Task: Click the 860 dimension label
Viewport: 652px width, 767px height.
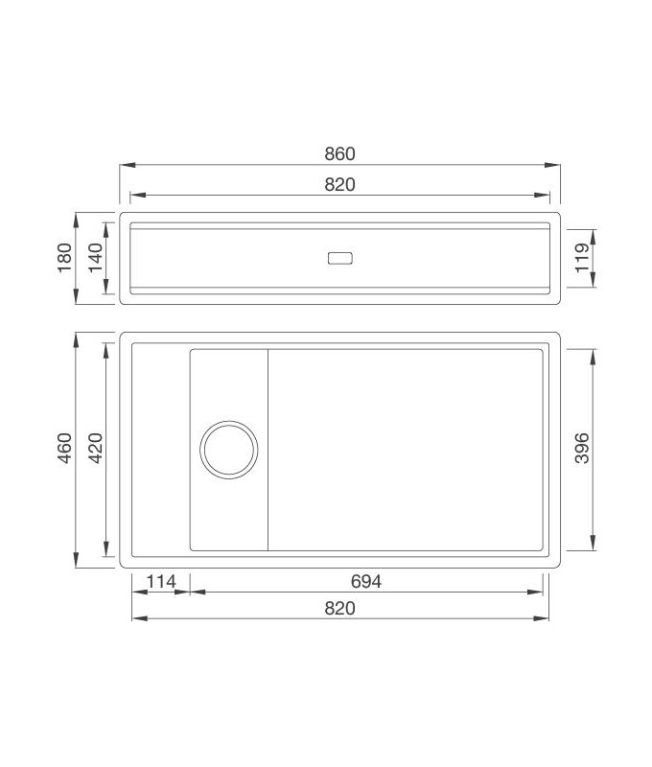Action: coord(339,153)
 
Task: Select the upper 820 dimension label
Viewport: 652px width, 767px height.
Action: coord(339,185)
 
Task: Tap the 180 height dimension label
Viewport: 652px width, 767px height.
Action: coord(64,257)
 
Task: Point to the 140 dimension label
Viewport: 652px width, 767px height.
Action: coord(95,257)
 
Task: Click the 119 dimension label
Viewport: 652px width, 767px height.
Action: coord(582,258)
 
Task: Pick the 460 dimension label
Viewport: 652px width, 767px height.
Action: coord(64,449)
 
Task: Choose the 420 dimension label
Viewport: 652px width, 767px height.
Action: coord(95,449)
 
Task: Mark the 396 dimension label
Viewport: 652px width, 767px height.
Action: coord(582,449)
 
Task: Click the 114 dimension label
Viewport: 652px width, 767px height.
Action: coord(160,581)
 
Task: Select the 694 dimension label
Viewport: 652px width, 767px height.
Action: coord(366,581)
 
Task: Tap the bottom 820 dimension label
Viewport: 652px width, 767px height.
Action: coord(339,608)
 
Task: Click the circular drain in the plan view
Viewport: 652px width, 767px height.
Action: coord(229,449)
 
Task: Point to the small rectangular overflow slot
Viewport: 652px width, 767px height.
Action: coord(339,258)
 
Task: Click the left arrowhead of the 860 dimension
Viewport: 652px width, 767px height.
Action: coord(124,165)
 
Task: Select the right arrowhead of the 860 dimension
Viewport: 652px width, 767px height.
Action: coord(557,165)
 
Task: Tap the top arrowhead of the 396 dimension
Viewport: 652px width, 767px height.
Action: coord(594,351)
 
